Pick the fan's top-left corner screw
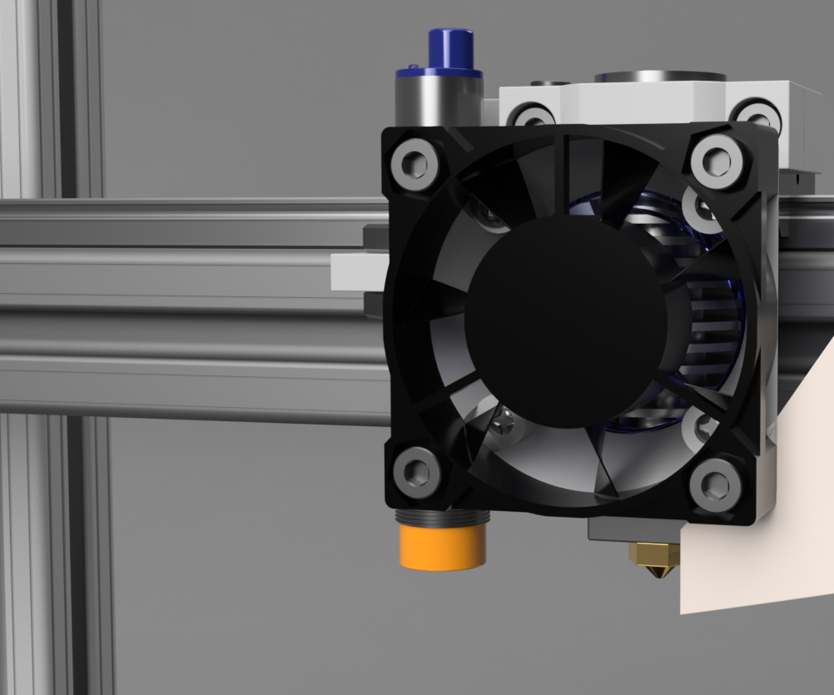pyautogui.click(x=416, y=162)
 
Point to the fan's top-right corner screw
pyautogui.click(x=715, y=160)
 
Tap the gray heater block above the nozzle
pyautogui.click(x=633, y=529)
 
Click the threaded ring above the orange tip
pyautogui.click(x=442, y=517)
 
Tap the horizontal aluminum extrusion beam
pyautogui.click(x=183, y=308)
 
